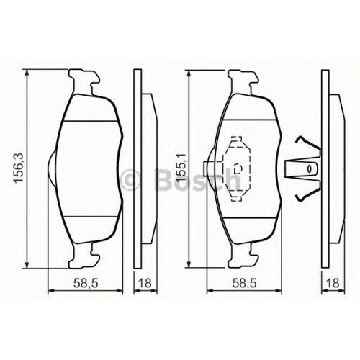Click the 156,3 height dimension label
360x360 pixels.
point(19,168)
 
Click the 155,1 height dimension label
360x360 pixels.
point(181,168)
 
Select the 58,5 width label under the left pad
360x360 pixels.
point(86,284)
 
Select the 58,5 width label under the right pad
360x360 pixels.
point(244,284)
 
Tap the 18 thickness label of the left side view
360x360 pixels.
point(145,284)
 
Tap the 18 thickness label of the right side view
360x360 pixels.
point(333,284)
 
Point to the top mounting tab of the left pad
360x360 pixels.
point(84,82)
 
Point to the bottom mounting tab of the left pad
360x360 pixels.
point(84,256)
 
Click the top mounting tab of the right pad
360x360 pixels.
point(243,82)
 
